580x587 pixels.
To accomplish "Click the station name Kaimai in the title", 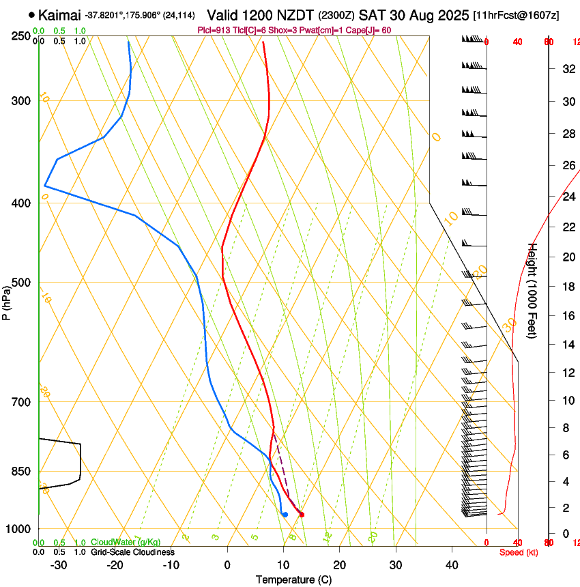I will (60, 15).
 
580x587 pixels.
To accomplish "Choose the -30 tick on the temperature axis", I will (59, 565).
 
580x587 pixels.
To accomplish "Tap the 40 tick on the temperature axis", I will (452, 565).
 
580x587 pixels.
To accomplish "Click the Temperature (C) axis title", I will (293, 580).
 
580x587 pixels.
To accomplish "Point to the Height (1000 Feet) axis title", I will (533, 290).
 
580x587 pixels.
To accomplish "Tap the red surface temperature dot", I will (302, 515).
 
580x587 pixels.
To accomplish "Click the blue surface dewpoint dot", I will (285, 515).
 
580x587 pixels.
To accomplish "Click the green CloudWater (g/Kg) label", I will (126, 542).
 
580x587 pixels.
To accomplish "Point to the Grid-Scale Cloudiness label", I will (132, 552).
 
